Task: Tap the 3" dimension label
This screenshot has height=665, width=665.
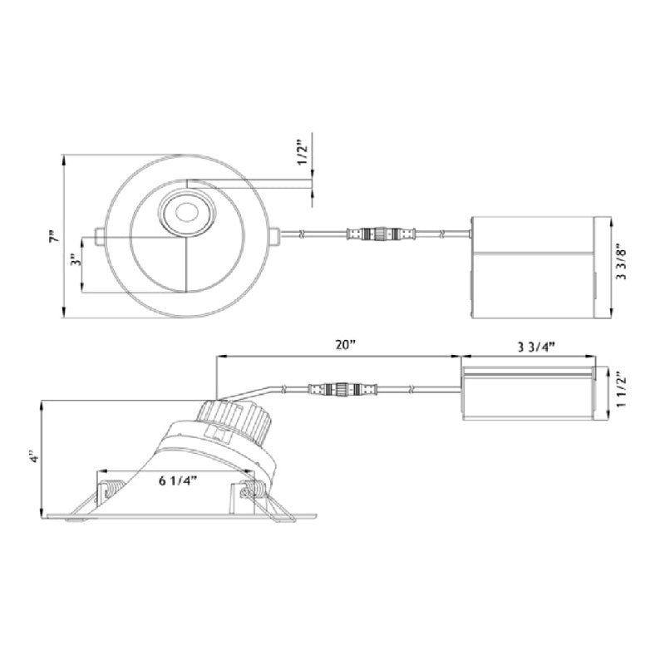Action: (76, 259)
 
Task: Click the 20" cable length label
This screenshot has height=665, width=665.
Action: (345, 346)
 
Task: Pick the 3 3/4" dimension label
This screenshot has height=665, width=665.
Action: (536, 347)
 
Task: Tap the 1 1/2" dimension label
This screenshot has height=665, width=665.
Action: (621, 389)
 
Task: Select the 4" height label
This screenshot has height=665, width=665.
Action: (36, 458)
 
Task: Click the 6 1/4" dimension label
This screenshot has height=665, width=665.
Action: (179, 481)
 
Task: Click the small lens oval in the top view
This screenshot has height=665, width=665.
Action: (185, 212)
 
